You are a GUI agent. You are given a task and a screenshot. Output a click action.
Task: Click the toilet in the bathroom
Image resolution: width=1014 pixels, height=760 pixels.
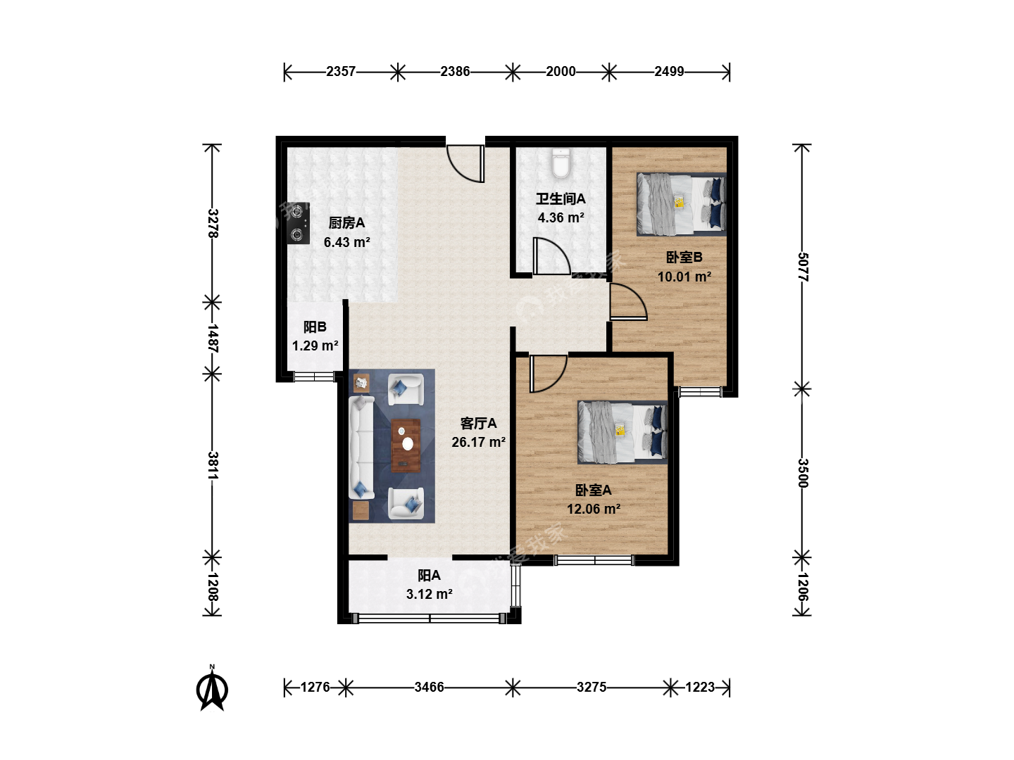[x=561, y=163]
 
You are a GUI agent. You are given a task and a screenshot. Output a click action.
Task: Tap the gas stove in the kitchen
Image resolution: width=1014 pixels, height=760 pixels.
[x=299, y=223]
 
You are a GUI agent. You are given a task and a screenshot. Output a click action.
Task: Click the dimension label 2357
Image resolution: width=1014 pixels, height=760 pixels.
[x=341, y=72]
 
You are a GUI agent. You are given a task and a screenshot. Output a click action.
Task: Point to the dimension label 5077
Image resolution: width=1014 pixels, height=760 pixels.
[x=803, y=267]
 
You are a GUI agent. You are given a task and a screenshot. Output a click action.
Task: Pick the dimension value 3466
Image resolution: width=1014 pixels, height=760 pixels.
[x=429, y=688]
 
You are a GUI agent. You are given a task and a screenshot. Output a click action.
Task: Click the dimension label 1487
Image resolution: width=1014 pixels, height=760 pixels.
[x=213, y=338]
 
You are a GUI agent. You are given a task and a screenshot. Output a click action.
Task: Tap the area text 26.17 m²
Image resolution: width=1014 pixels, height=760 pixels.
[x=479, y=442]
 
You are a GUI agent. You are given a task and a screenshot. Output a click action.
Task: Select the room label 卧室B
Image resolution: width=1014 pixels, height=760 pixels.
[x=684, y=257]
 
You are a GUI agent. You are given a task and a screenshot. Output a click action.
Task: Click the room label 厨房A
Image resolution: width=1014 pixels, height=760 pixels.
[x=347, y=223]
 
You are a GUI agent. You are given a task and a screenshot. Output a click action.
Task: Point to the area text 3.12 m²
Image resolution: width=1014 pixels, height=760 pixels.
[x=429, y=595]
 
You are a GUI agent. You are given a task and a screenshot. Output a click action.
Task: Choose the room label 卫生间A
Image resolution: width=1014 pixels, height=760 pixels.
[x=561, y=199]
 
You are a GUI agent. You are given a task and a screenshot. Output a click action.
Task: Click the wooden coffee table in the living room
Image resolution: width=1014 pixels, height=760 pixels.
[x=406, y=445]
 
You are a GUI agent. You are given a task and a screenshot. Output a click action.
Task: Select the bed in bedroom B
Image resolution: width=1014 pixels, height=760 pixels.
[x=682, y=204]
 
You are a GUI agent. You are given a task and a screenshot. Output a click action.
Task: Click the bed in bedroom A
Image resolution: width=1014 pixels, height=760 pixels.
[x=622, y=432]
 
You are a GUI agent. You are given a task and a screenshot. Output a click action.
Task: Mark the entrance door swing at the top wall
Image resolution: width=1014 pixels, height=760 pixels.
[x=465, y=164]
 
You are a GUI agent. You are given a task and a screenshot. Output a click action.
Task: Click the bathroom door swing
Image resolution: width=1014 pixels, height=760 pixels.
[x=551, y=257]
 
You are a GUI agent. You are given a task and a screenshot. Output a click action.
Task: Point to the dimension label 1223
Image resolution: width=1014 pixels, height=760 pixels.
[x=701, y=688]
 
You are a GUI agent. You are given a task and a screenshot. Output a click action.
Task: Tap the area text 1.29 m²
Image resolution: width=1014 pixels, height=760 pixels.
[x=315, y=346]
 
